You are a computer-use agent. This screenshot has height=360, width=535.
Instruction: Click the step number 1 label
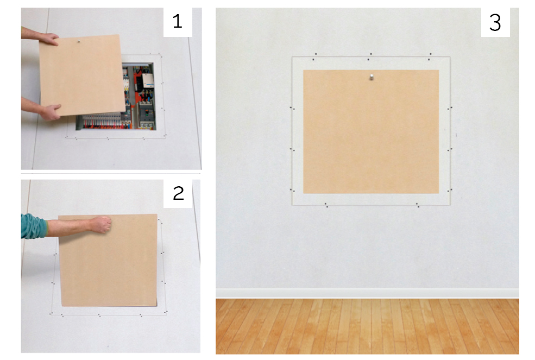(178, 22)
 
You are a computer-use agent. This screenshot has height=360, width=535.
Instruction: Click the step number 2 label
(179, 193)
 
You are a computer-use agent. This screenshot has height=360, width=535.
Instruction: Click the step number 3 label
(495, 23)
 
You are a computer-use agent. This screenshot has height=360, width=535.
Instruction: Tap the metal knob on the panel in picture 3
(371, 77)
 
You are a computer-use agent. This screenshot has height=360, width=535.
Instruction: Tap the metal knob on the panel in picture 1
(79, 41)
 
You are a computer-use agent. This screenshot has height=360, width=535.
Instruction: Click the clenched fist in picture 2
(102, 224)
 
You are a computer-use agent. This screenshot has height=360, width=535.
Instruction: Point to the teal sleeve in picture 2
(34, 225)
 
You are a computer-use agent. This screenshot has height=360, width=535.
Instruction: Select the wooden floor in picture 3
(367, 326)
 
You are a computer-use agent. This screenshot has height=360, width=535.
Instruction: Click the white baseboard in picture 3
(367, 293)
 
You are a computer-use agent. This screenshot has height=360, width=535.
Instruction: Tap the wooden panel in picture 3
(371, 132)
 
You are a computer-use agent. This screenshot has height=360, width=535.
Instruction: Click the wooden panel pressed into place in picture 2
(108, 260)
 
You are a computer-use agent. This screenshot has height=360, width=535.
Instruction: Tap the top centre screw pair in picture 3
(369, 56)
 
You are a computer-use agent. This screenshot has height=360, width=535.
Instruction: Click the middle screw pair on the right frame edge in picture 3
(450, 149)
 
